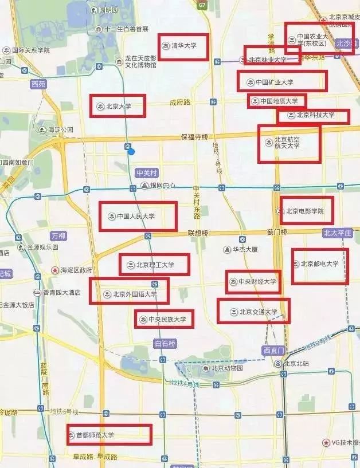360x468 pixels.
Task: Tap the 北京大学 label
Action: (118, 106)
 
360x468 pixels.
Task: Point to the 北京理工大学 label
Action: (154, 265)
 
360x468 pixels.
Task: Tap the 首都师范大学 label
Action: (95, 435)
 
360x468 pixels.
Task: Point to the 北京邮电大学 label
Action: (320, 264)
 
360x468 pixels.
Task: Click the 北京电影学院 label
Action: (305, 211)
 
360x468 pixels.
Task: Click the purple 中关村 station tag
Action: (146, 172)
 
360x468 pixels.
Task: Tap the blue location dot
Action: (131, 151)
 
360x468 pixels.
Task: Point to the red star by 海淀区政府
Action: (55, 270)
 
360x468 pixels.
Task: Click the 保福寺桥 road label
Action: (195, 137)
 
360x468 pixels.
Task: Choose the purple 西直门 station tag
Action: (273, 351)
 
